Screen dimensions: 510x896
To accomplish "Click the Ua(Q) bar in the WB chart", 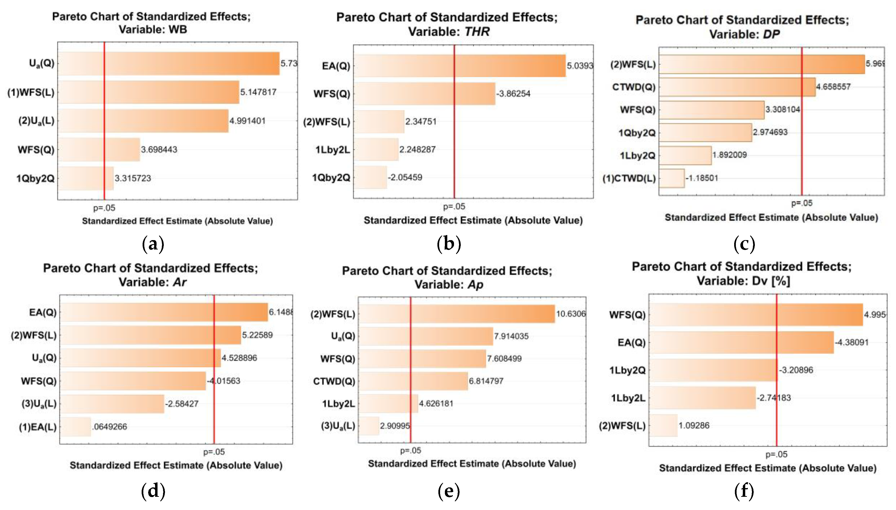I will [168, 63].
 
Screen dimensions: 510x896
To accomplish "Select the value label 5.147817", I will [258, 92].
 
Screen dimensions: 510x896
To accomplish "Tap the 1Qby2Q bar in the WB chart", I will [86, 178].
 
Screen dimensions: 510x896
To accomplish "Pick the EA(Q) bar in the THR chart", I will [459, 66].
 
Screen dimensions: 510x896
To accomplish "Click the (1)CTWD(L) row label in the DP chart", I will [629, 179].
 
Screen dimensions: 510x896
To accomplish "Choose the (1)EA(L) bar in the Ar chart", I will [75, 427].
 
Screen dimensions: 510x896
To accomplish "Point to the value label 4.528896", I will [239, 358].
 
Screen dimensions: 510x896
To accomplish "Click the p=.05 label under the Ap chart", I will [410, 450].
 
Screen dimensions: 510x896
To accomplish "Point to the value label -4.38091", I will [852, 342].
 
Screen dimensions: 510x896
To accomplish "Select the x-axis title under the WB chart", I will [177, 221].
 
